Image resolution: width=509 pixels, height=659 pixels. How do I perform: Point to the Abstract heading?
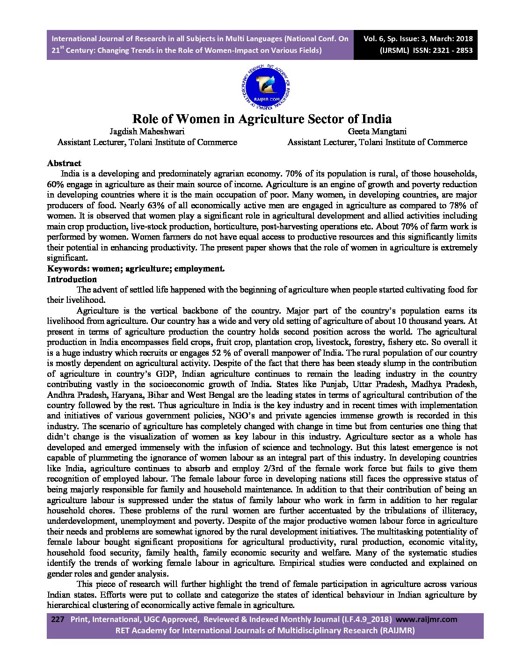click(64, 163)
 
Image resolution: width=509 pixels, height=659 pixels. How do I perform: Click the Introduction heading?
click(72, 279)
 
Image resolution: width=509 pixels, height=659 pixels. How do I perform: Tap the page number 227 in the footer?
click(57, 619)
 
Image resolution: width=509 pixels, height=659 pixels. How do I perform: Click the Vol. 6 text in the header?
click(376, 39)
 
